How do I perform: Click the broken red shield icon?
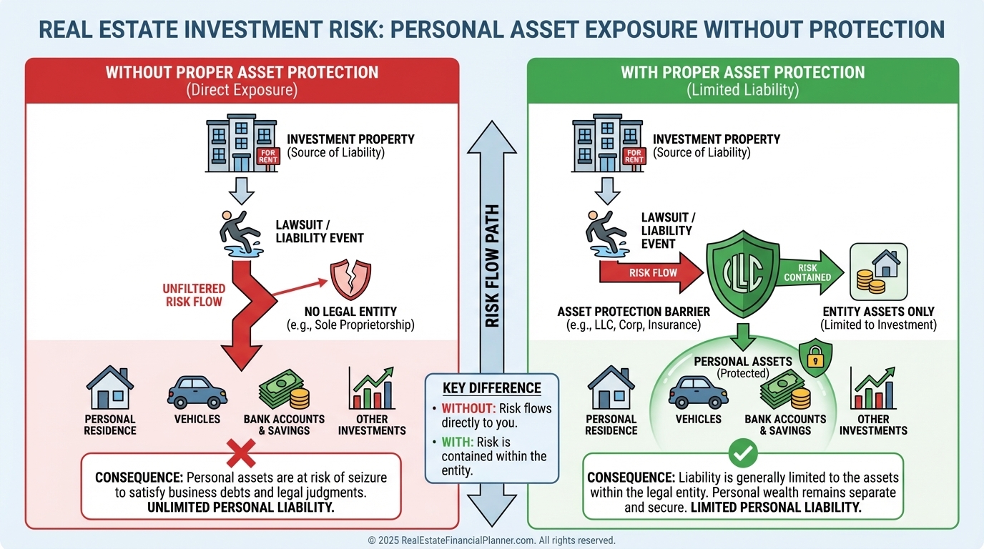tap(350, 280)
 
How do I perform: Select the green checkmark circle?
tap(742, 452)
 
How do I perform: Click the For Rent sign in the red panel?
tap(268, 156)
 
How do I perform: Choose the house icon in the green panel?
tap(611, 387)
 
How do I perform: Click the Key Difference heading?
tap(491, 388)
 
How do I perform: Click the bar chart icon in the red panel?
tap(371, 387)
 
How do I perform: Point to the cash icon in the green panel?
tap(784, 390)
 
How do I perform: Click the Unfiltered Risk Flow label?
tap(194, 295)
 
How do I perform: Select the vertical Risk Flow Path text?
tap(492, 267)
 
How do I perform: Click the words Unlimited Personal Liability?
tap(240, 508)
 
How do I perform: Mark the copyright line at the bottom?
tap(491, 540)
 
